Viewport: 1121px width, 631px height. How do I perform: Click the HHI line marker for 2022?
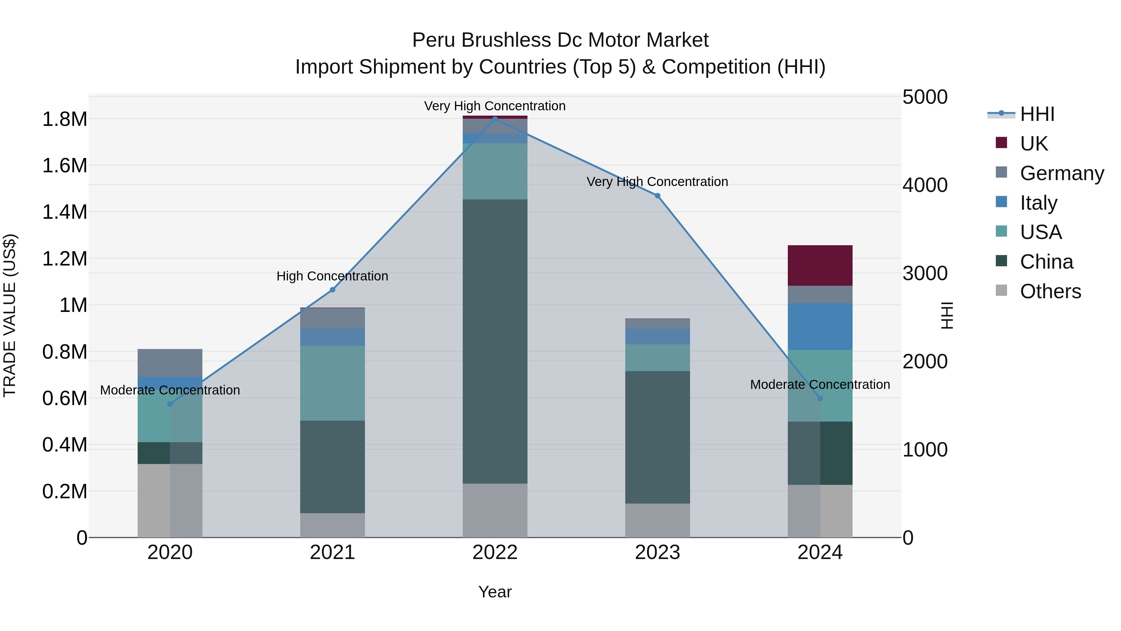coord(495,119)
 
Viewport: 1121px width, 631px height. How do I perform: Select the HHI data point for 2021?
coord(333,289)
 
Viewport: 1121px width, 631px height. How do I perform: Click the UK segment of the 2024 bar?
coord(820,265)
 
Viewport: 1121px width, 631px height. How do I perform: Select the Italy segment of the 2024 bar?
coord(820,326)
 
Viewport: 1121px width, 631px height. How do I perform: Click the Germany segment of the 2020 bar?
coord(170,362)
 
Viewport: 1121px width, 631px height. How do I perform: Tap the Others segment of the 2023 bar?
coord(658,520)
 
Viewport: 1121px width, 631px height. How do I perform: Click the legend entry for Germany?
coord(1062,173)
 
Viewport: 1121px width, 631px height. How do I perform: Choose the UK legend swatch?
coord(1001,143)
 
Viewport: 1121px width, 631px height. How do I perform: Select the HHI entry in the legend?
coord(1037,114)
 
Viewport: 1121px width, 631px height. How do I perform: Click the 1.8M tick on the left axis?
coord(64,119)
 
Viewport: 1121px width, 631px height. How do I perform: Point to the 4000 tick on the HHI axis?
coord(925,185)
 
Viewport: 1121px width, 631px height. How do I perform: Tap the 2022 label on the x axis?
coord(495,552)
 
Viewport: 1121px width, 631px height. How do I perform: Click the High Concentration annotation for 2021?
coord(333,276)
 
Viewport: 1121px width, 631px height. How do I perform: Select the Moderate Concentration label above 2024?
coord(820,385)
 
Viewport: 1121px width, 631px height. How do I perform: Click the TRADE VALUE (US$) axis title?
coord(10,315)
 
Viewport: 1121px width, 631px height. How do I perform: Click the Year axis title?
coord(495,592)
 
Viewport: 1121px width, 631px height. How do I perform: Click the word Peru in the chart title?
coord(433,40)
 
